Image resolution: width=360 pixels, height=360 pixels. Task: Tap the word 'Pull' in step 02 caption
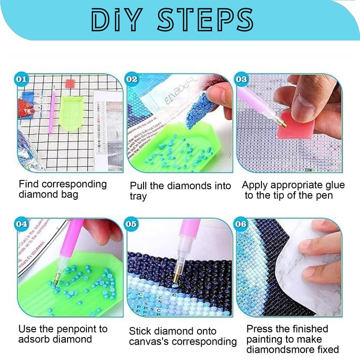[x=138, y=186]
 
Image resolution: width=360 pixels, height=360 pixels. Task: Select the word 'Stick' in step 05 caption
[x=140, y=331]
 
